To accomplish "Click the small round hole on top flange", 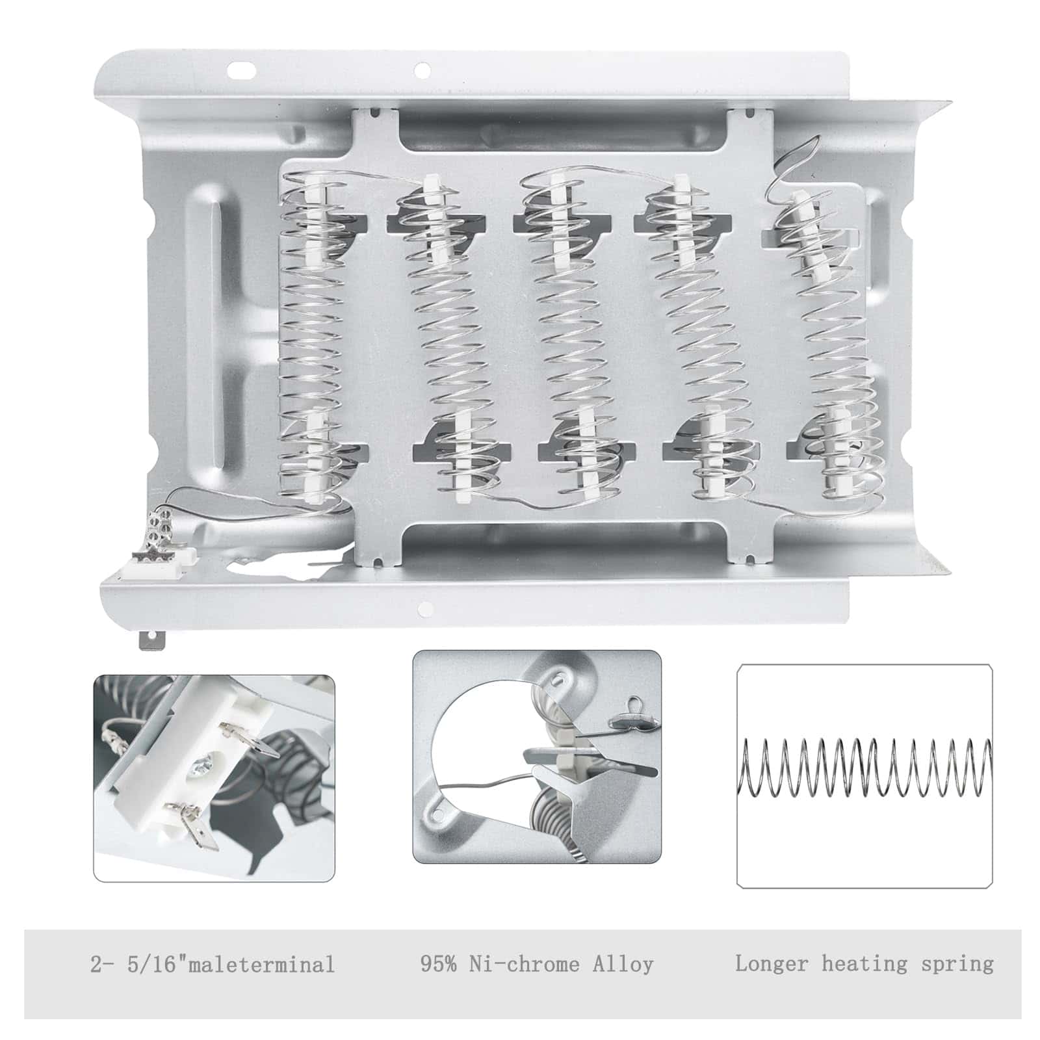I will tap(421, 68).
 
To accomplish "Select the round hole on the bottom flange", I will tap(426, 609).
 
